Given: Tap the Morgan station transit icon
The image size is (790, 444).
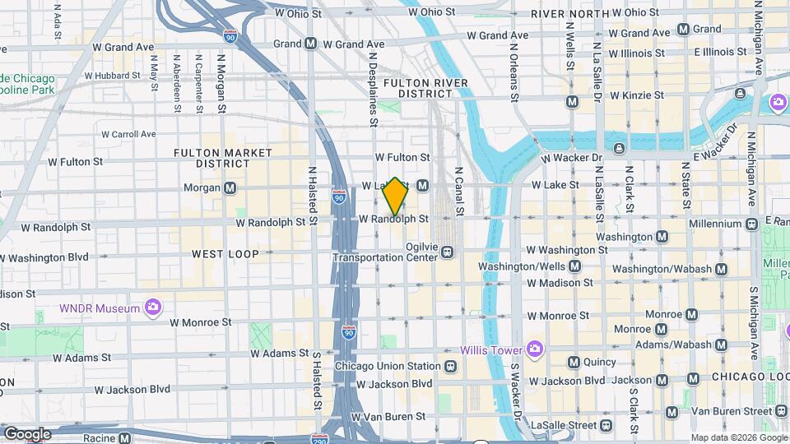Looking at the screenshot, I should tap(230, 187).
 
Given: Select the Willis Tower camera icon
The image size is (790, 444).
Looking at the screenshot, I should tap(535, 349).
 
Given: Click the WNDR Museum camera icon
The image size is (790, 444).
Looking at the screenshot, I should tap(152, 308).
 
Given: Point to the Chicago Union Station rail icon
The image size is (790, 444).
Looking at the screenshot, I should tap(450, 366).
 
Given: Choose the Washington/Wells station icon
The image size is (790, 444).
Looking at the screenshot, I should tap(574, 266).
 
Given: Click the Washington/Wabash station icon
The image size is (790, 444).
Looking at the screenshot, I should tap(721, 269).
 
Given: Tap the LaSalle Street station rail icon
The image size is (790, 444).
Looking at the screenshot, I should tap(606, 425).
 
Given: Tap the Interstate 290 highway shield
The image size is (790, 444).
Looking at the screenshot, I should tap(321, 440).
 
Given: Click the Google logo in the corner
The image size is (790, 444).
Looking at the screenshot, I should tap(26, 433).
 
